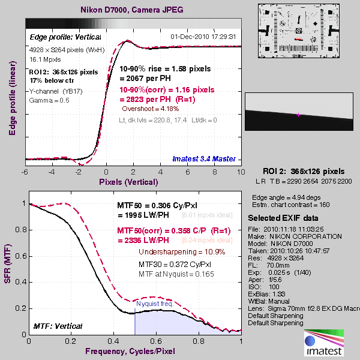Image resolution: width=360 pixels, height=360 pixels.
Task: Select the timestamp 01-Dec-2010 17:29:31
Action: [203, 37]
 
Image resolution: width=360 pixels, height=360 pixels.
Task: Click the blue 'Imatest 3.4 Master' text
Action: [204, 159]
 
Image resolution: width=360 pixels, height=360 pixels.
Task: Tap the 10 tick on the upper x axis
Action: [241, 171]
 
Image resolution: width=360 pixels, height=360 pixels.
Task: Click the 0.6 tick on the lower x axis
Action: [157, 341]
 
